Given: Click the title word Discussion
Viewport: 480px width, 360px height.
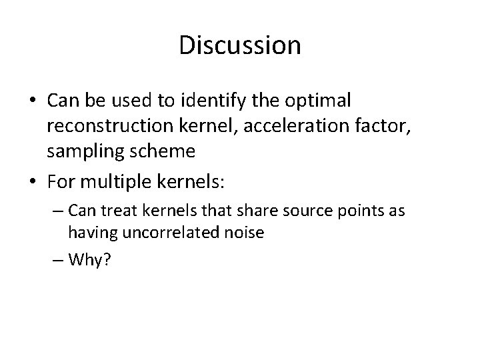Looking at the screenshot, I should coord(240,45).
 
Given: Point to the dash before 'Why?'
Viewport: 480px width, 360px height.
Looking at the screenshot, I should coord(59,259).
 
